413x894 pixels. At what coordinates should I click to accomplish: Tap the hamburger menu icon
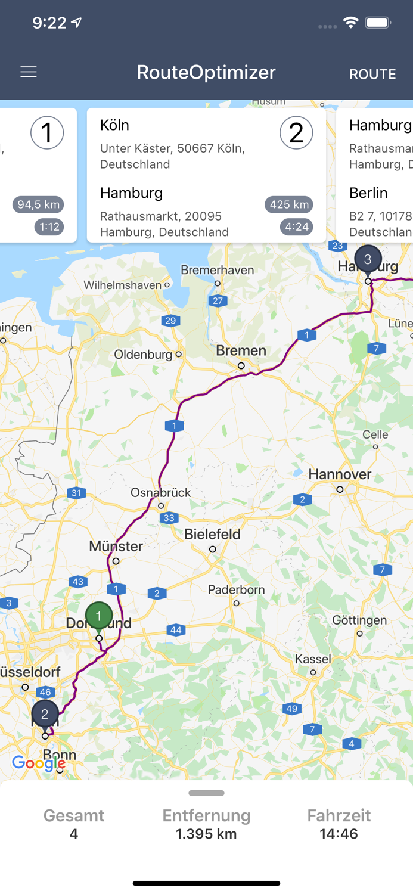29,72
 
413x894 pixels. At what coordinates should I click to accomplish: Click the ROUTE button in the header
372,74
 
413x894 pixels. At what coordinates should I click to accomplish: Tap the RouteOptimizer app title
206,72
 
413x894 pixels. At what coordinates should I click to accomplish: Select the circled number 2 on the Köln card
296,132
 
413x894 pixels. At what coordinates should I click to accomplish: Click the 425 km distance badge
289,204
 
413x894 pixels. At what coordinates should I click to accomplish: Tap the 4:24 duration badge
297,226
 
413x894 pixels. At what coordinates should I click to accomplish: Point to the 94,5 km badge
39,204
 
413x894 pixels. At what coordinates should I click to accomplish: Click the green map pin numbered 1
99,617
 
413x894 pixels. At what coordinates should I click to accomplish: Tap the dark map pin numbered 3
368,259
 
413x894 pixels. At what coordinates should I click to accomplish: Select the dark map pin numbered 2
45,714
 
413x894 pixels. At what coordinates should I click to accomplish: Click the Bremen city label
241,350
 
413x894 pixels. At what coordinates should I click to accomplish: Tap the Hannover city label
340,474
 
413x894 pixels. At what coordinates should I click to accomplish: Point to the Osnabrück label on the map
160,492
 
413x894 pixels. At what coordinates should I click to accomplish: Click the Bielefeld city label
212,534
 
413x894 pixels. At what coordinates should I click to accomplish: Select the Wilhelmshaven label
123,285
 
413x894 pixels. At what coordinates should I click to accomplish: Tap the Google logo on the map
39,763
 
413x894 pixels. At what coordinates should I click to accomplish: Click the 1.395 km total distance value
206,834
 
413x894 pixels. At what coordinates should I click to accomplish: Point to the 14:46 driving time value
339,834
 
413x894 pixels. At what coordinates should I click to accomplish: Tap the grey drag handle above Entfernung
206,793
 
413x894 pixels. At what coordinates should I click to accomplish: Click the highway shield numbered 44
176,630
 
